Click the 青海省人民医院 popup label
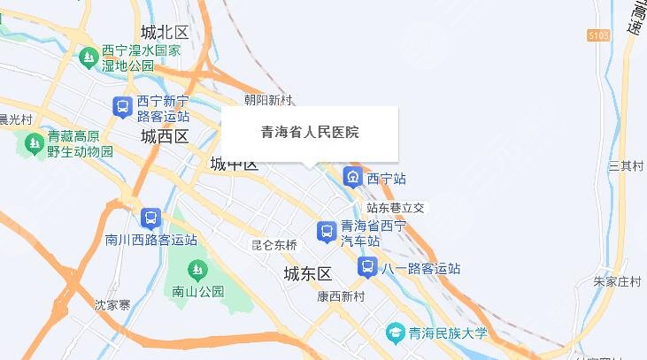click(309, 133)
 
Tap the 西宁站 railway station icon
click(352, 178)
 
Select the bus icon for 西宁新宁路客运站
click(123, 107)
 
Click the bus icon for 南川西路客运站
click(150, 218)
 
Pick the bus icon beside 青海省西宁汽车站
click(326, 232)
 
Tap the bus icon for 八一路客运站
click(366, 266)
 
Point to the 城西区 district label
click(165, 136)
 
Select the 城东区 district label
click(307, 272)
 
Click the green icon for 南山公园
click(195, 269)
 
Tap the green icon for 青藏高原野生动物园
click(35, 142)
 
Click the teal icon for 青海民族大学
click(395, 333)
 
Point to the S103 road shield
click(600, 34)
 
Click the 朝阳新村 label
click(268, 101)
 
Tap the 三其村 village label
click(626, 166)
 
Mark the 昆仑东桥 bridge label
click(274, 245)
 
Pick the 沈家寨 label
click(112, 304)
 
